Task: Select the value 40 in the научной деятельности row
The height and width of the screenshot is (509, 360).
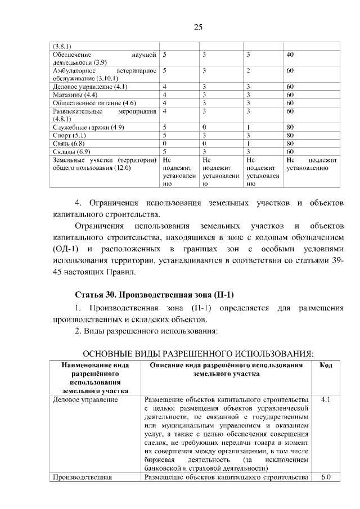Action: point(290,55)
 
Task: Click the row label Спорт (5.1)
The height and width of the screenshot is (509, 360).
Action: point(69,136)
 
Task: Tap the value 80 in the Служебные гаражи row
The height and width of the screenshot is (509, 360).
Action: point(290,127)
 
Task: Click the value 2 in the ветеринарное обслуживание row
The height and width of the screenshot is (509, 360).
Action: point(248,71)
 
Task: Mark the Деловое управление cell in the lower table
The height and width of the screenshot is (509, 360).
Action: point(85,400)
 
